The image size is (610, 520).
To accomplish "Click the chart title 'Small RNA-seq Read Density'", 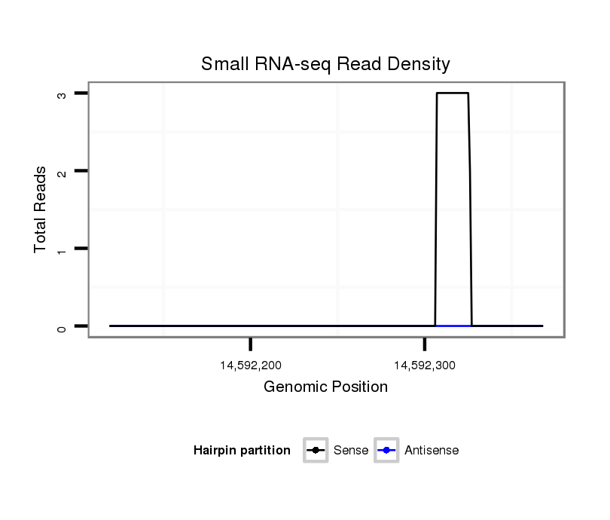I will tap(325, 64).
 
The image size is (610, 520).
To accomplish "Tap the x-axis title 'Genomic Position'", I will tap(325, 387).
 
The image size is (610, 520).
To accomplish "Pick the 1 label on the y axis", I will tap(61, 249).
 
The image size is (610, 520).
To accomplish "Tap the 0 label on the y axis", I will tap(61, 326).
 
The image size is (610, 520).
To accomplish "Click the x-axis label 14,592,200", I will tap(251, 366).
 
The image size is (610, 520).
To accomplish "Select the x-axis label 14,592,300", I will tap(425, 366).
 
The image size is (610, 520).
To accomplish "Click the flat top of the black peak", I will tap(453, 93).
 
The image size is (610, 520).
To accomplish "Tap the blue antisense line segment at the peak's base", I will tap(453, 326).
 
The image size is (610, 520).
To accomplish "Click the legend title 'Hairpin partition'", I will tap(242, 451).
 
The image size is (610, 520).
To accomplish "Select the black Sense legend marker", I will tap(316, 451).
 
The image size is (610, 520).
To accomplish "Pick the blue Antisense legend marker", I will tap(386, 451).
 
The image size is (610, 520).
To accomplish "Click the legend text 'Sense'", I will tap(351, 451).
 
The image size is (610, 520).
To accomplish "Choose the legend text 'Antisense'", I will tap(432, 451).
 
